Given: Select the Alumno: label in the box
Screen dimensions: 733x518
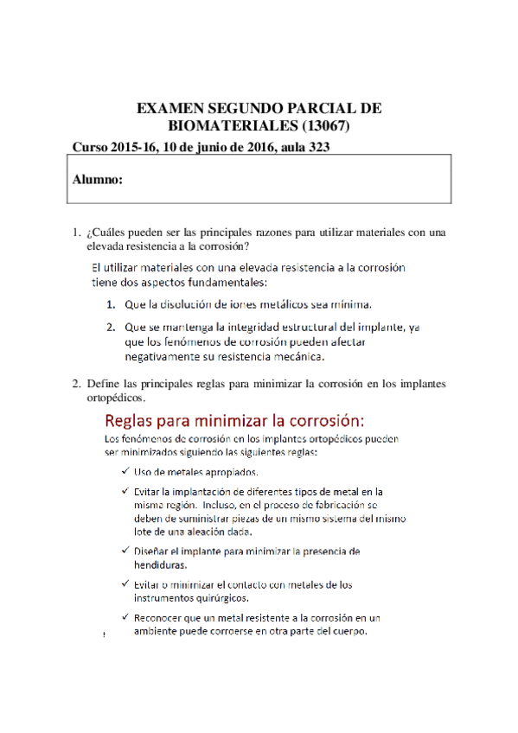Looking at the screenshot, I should click(x=97, y=180).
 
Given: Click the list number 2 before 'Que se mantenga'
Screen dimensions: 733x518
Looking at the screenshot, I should click(x=111, y=328).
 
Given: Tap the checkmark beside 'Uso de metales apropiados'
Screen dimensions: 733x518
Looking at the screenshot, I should click(x=126, y=472).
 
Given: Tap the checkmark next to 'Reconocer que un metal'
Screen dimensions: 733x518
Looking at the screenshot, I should click(x=126, y=618).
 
